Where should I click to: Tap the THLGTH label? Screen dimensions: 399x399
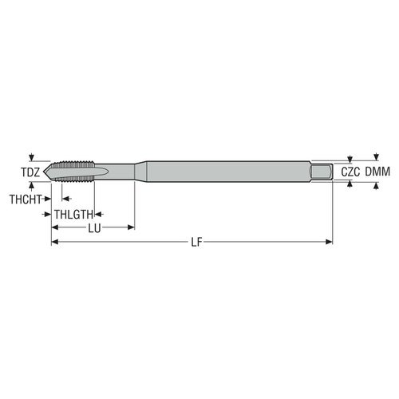[x=74, y=214]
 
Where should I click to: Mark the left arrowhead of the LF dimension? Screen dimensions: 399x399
[x=55, y=242]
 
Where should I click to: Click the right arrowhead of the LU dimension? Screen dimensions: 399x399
[x=130, y=228]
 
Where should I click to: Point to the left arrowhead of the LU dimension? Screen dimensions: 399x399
[x=55, y=228]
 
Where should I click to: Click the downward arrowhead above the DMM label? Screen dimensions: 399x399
[x=374, y=157]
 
